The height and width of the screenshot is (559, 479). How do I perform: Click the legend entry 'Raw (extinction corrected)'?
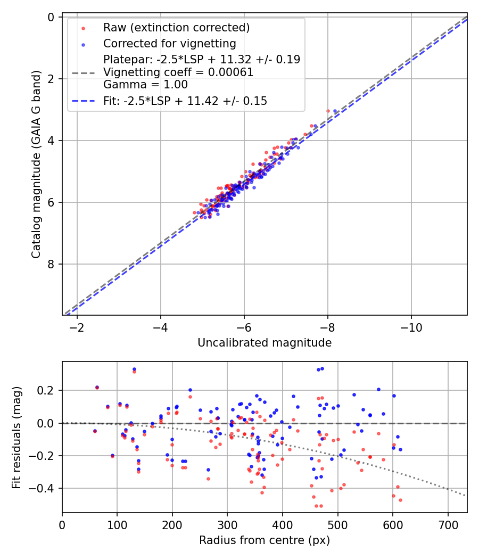point(176,28)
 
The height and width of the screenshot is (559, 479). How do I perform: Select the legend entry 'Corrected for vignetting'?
point(170,43)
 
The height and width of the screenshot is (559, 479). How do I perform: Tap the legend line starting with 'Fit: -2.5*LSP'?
point(185,101)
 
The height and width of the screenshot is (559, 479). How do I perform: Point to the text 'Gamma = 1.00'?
point(145,84)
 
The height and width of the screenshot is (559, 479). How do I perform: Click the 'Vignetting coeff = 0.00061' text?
point(178,72)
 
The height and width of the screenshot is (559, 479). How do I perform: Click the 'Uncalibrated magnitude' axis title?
point(265,343)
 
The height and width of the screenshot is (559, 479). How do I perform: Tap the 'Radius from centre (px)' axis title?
point(265,540)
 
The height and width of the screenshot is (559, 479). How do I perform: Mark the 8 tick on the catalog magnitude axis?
point(51,264)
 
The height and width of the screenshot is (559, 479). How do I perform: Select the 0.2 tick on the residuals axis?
point(47,391)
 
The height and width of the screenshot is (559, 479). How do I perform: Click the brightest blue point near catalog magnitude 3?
point(335,111)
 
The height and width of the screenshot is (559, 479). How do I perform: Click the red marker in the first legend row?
point(82,28)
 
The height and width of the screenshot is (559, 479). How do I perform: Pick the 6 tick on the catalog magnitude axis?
point(51,202)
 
